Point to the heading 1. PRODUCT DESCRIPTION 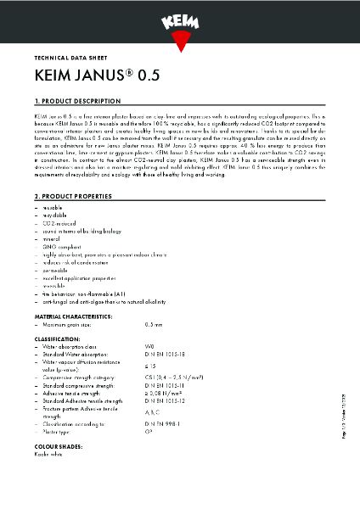tap(73, 100)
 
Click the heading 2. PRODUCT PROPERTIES tap(70, 196)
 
